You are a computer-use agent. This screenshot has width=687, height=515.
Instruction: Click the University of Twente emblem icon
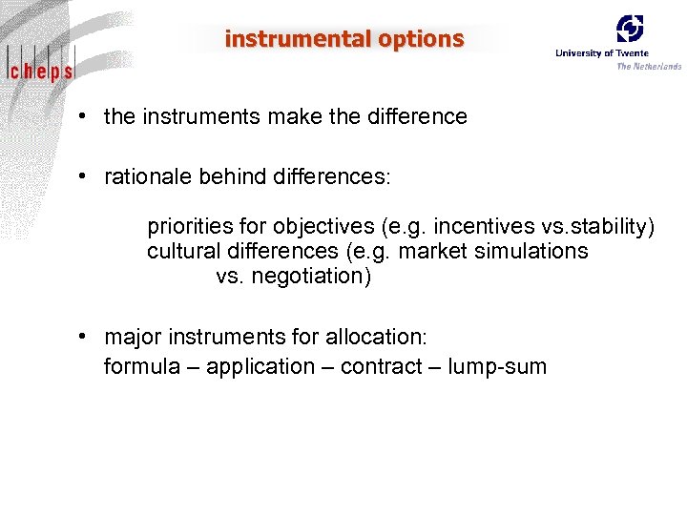(x=629, y=29)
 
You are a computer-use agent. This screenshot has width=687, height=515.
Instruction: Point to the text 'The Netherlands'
(x=649, y=66)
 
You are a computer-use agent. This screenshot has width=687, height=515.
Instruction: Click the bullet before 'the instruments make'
(x=86, y=116)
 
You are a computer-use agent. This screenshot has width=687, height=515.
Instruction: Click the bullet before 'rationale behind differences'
(x=86, y=176)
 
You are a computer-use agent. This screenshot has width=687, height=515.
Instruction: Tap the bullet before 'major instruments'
(x=86, y=337)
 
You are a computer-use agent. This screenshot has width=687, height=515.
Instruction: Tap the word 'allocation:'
(x=378, y=338)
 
